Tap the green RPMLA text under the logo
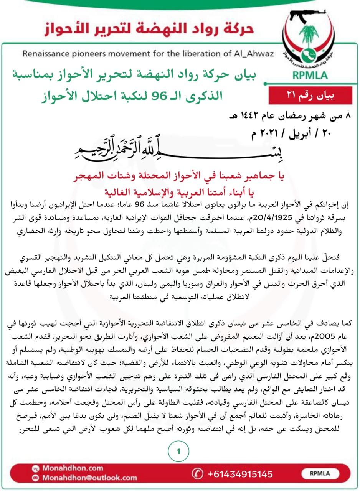[x=310, y=75]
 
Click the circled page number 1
[x=178, y=451]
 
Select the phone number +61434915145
[x=240, y=474]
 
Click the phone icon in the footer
[x=197, y=474]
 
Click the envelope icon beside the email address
[x=36, y=478]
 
